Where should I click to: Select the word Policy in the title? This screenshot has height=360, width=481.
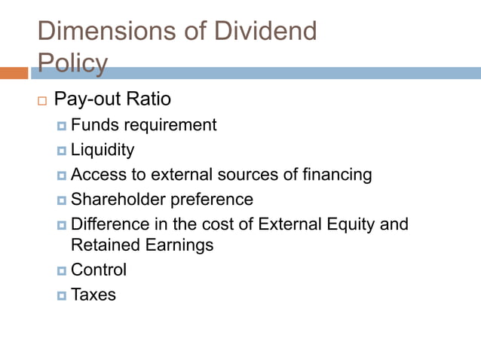[72, 63]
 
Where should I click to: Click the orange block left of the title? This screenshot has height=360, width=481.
[14, 73]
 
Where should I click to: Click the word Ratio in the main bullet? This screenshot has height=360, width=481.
[149, 99]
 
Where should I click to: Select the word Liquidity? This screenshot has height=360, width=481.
[103, 150]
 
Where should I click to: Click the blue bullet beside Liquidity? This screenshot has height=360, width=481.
[62, 151]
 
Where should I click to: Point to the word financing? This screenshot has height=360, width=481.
[335, 175]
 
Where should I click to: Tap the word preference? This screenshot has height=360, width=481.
[213, 200]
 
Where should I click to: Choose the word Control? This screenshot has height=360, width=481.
[99, 270]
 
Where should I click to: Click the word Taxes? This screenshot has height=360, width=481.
[93, 294]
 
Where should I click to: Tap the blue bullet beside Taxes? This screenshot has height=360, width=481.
[62, 295]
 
